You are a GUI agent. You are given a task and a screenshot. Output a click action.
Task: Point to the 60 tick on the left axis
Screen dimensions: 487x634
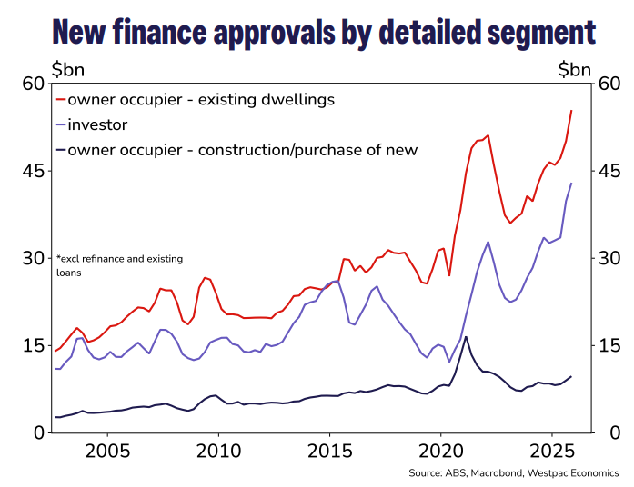(x=32, y=84)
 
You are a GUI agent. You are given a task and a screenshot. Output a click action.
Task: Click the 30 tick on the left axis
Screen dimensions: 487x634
(x=32, y=258)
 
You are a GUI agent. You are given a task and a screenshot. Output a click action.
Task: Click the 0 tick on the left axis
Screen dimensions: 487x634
(x=37, y=432)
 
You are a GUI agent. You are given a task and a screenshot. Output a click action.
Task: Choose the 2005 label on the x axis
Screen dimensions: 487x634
(x=106, y=452)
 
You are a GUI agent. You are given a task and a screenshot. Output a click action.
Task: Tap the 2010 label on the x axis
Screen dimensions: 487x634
(x=217, y=452)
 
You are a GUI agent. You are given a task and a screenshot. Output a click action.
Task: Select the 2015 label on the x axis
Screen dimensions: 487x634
(x=329, y=452)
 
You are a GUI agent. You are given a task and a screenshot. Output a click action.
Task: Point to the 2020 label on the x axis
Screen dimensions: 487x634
(x=440, y=452)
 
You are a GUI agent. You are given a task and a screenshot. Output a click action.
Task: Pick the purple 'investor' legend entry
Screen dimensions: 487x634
(x=97, y=124)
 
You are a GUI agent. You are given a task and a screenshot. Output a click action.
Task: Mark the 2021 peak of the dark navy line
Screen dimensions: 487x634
(x=467, y=337)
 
